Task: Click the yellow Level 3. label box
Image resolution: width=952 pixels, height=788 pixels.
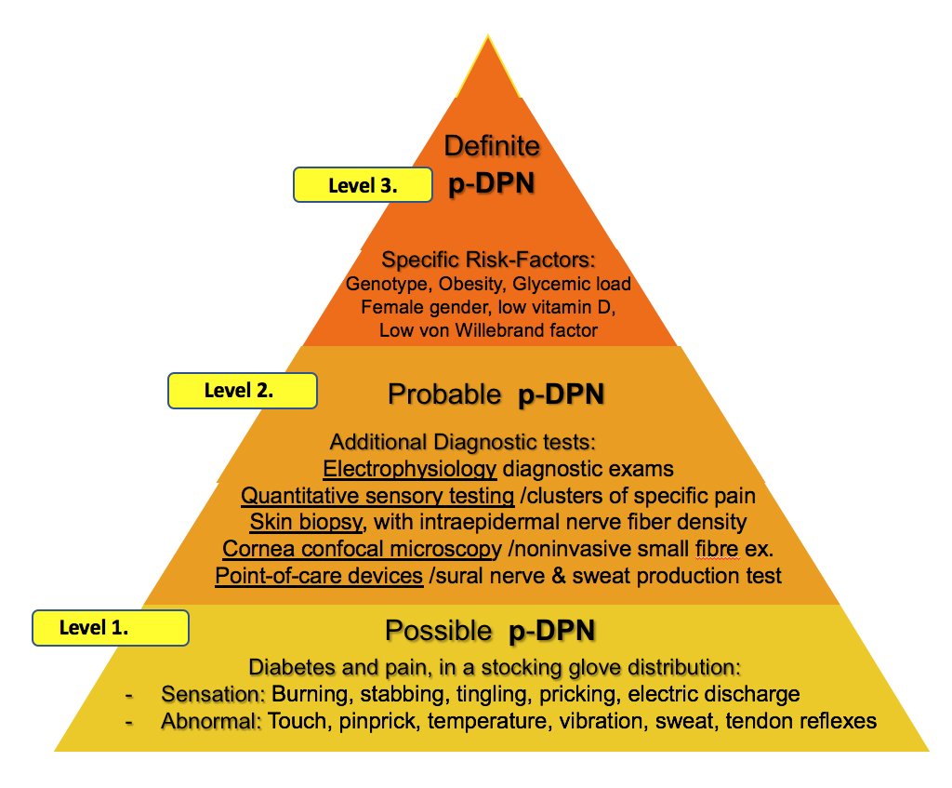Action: pos(363,185)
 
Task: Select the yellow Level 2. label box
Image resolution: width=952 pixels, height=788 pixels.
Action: pos(239,391)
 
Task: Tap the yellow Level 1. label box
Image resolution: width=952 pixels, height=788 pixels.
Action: pos(111,628)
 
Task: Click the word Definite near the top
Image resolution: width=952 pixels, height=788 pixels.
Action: pos(492,146)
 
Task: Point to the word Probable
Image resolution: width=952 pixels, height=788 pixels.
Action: pos(443,395)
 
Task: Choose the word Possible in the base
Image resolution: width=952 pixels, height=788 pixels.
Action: pos(438,632)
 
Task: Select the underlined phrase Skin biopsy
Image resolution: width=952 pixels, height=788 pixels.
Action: pos(300,522)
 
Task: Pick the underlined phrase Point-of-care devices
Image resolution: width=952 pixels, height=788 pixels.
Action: pos(319,576)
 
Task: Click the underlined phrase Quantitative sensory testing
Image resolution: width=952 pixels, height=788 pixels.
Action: pos(377,495)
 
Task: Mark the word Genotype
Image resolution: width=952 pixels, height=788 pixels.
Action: pos(382,284)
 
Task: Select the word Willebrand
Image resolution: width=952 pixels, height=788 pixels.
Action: pos(530,330)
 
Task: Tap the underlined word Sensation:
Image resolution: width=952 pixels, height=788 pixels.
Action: pos(214,694)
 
